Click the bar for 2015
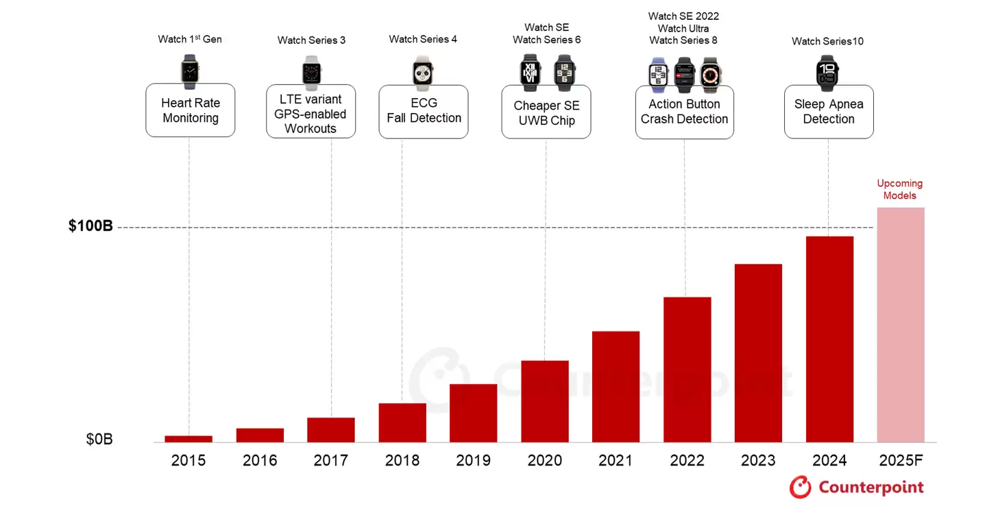coord(188,439)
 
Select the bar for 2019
coord(473,413)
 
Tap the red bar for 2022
coord(687,370)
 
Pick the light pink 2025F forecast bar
coord(901,325)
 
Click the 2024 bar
coord(829,339)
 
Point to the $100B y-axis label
coord(90,226)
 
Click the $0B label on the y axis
coord(99,440)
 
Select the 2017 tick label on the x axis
coord(331,460)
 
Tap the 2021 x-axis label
coord(616,460)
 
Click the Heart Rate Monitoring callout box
coord(191,110)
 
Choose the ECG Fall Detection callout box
coord(424,111)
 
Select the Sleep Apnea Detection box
coord(829,112)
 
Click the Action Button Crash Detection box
coord(684,112)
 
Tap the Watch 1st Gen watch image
coord(190,72)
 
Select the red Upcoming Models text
coord(900,189)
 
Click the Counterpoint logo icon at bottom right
coord(800,488)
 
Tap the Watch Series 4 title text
coord(423,39)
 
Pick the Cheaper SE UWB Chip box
coord(546,113)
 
